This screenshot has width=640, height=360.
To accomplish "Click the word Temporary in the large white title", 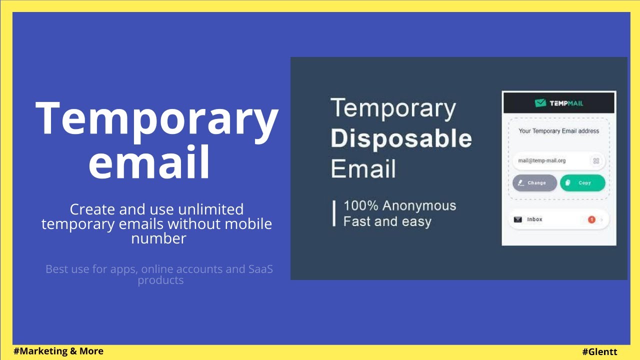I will tap(156, 118).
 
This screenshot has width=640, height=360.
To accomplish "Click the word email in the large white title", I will tap(149, 162).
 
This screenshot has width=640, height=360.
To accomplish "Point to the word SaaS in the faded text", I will tap(260, 269).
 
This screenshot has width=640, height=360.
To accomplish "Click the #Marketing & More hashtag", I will tap(58, 351).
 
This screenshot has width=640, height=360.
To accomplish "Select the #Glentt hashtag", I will tap(599, 352).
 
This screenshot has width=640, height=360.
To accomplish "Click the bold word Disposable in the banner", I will tap(401, 138).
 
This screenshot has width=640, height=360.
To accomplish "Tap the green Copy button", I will tap(582, 183).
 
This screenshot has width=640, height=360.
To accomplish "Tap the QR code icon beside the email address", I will tap(595, 161).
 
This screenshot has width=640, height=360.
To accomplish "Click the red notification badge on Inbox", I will tap(591, 219).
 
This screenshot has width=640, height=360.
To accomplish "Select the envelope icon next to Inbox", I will tap(518, 219).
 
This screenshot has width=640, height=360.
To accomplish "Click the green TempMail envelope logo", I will tap(540, 103).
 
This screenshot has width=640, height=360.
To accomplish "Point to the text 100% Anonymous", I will tap(399, 205).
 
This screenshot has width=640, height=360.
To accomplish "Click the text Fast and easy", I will tap(387, 221).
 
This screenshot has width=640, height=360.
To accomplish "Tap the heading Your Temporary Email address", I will tap(558, 131).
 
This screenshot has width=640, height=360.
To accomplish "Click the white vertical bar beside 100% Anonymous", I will tap(334, 213).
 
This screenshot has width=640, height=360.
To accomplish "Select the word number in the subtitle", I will tap(158, 238).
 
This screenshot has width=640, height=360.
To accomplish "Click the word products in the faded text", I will tap(160, 280).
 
